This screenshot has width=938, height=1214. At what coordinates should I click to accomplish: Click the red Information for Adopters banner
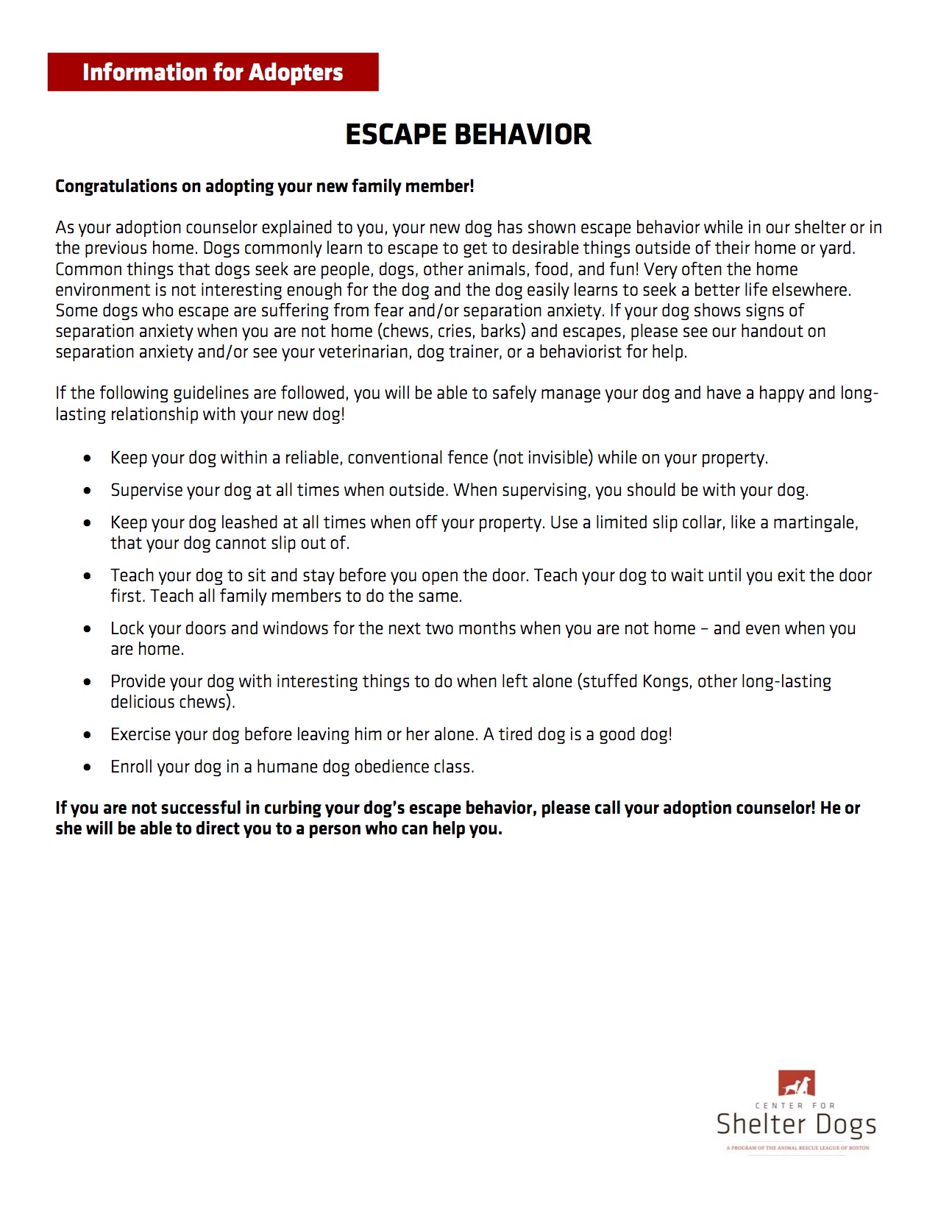click(213, 72)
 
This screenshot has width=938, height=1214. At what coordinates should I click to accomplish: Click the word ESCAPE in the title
click(396, 135)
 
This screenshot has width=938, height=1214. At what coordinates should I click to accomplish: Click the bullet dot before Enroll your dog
click(88, 767)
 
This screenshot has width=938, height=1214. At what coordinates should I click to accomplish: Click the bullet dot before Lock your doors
click(88, 629)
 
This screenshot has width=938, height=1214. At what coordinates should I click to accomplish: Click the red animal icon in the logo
click(796, 1084)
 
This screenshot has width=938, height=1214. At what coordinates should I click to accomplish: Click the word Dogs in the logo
click(846, 1125)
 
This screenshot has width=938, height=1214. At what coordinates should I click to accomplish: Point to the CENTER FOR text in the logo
click(795, 1105)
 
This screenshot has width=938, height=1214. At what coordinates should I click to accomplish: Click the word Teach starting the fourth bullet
click(132, 575)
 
